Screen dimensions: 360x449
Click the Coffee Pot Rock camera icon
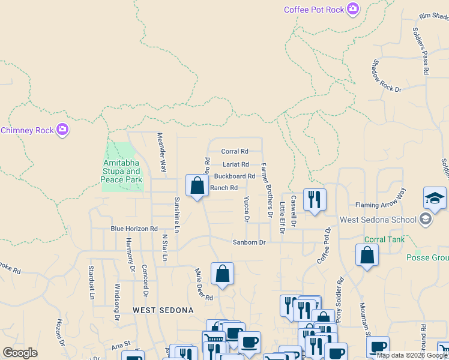click(x=353, y=8)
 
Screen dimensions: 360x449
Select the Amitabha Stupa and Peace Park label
click(x=122, y=172)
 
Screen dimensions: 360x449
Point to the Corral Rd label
click(x=235, y=152)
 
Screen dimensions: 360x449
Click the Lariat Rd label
click(x=235, y=164)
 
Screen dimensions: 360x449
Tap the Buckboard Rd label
click(x=235, y=176)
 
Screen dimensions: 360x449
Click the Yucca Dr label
click(x=247, y=209)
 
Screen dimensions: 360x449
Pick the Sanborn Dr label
click(x=249, y=242)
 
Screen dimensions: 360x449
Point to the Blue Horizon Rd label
click(x=134, y=229)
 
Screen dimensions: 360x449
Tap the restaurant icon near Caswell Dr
click(x=315, y=200)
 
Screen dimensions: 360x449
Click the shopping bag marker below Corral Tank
click(x=367, y=255)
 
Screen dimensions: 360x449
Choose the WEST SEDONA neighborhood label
click(x=163, y=310)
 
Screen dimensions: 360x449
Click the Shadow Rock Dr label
click(x=386, y=76)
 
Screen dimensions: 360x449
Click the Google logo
click(x=20, y=353)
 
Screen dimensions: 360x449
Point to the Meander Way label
click(x=161, y=152)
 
